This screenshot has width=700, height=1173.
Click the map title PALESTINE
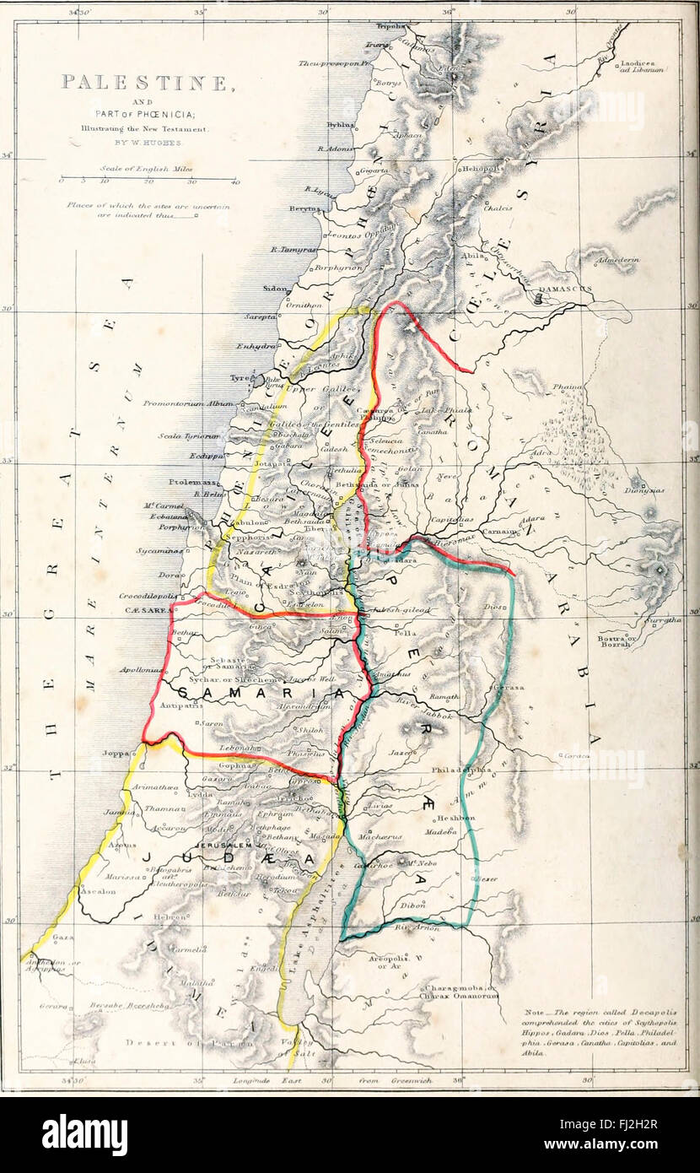tap(146, 83)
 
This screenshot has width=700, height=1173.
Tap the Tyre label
tap(240, 379)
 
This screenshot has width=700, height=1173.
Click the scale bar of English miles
tap(148, 179)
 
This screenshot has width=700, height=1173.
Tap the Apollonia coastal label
tap(140, 670)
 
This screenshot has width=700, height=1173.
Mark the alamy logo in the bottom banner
tap(84, 1135)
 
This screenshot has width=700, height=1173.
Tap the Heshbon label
tap(455, 818)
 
